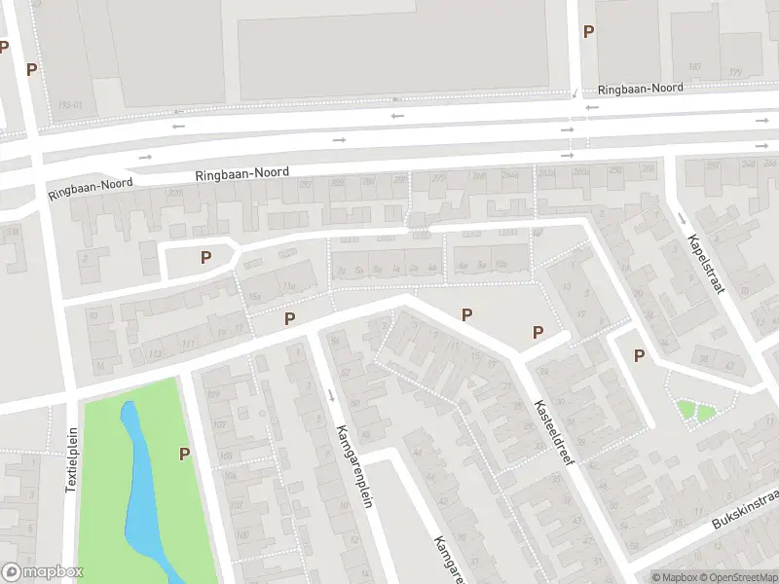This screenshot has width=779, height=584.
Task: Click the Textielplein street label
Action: pos(71,460)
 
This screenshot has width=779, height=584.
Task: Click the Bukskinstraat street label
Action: pos(745,510)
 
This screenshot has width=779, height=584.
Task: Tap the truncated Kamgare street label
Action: pos(446,560)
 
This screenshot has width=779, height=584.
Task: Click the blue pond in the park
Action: pos(141,487)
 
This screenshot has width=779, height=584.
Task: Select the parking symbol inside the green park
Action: pos(184,454)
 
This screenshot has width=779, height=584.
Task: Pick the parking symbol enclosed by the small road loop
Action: pos(205,258)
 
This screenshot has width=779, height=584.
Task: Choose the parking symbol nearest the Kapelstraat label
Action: pos(639,355)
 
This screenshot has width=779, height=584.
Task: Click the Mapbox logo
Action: pos(43,572)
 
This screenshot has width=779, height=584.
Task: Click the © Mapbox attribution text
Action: pos(674,577)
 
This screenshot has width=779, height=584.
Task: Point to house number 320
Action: pos(174,194)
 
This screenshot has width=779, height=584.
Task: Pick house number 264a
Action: pos(514,176)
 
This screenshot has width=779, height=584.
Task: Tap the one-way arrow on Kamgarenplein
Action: pos(332,395)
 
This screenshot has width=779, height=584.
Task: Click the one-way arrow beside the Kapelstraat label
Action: pos(681,217)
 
